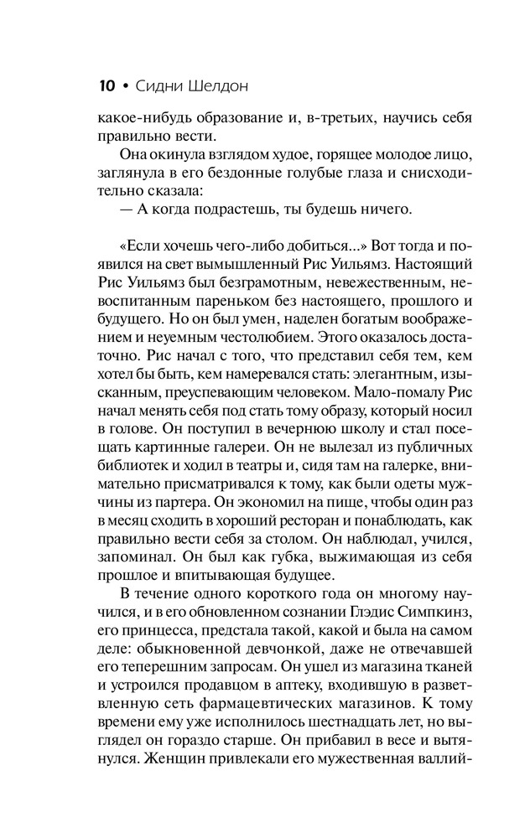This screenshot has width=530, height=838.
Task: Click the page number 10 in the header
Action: [x=107, y=85]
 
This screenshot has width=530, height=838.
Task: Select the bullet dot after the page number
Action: [x=126, y=86]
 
